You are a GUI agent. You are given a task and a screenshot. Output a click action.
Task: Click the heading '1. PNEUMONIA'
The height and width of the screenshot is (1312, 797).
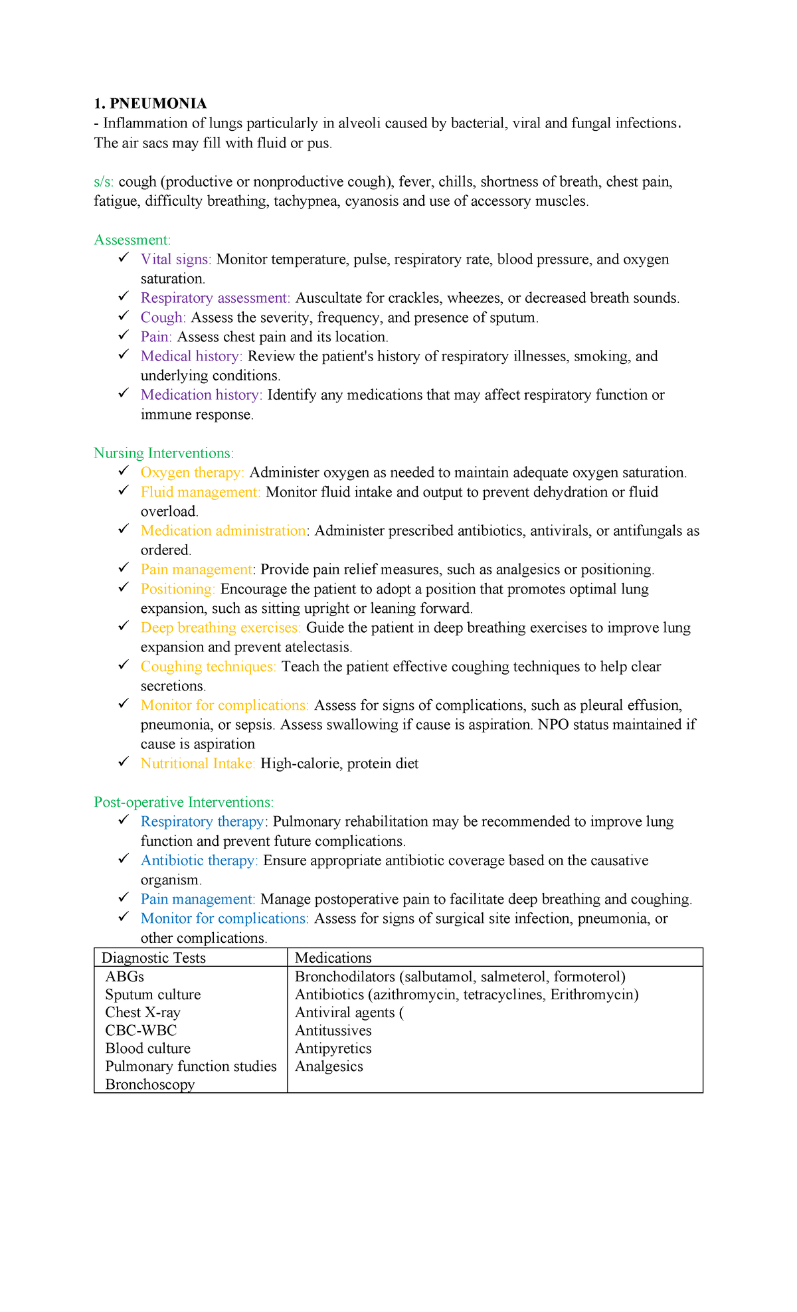150,104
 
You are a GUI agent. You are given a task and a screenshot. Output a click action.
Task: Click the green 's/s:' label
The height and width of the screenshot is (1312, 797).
104,182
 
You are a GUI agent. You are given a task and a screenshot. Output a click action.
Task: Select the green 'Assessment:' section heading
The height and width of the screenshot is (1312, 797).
132,240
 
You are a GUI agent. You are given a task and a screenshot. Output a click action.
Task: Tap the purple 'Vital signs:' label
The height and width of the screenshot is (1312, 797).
176,259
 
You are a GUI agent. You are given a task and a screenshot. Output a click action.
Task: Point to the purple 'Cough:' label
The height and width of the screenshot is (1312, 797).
163,317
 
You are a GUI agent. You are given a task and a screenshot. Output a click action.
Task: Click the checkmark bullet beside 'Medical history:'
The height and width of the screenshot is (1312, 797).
124,355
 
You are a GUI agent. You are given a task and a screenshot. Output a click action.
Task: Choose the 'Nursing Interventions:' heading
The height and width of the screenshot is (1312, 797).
163,453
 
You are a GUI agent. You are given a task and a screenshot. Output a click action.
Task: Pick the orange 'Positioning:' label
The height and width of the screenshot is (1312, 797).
178,589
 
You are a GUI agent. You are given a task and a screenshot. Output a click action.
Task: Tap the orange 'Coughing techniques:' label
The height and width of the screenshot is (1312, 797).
209,667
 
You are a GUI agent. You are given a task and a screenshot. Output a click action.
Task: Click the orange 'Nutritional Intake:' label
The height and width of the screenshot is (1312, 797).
198,764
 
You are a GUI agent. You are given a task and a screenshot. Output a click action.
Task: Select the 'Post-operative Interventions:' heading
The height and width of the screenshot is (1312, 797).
183,802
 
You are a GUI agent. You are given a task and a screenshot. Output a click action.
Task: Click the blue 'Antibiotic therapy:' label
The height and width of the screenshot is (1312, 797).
199,861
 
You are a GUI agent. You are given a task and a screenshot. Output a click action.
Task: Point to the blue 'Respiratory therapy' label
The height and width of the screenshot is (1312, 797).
203,822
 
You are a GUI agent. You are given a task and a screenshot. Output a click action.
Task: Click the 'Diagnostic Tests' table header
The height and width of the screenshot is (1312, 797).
153,957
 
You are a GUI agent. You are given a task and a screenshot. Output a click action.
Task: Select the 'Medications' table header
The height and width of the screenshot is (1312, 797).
333,957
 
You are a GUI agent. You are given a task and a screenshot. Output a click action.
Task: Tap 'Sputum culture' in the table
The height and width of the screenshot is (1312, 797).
153,995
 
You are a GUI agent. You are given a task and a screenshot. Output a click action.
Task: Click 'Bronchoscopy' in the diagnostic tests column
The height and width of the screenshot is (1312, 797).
150,1084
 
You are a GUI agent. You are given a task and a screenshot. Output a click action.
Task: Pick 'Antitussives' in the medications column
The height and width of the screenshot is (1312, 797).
333,1030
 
